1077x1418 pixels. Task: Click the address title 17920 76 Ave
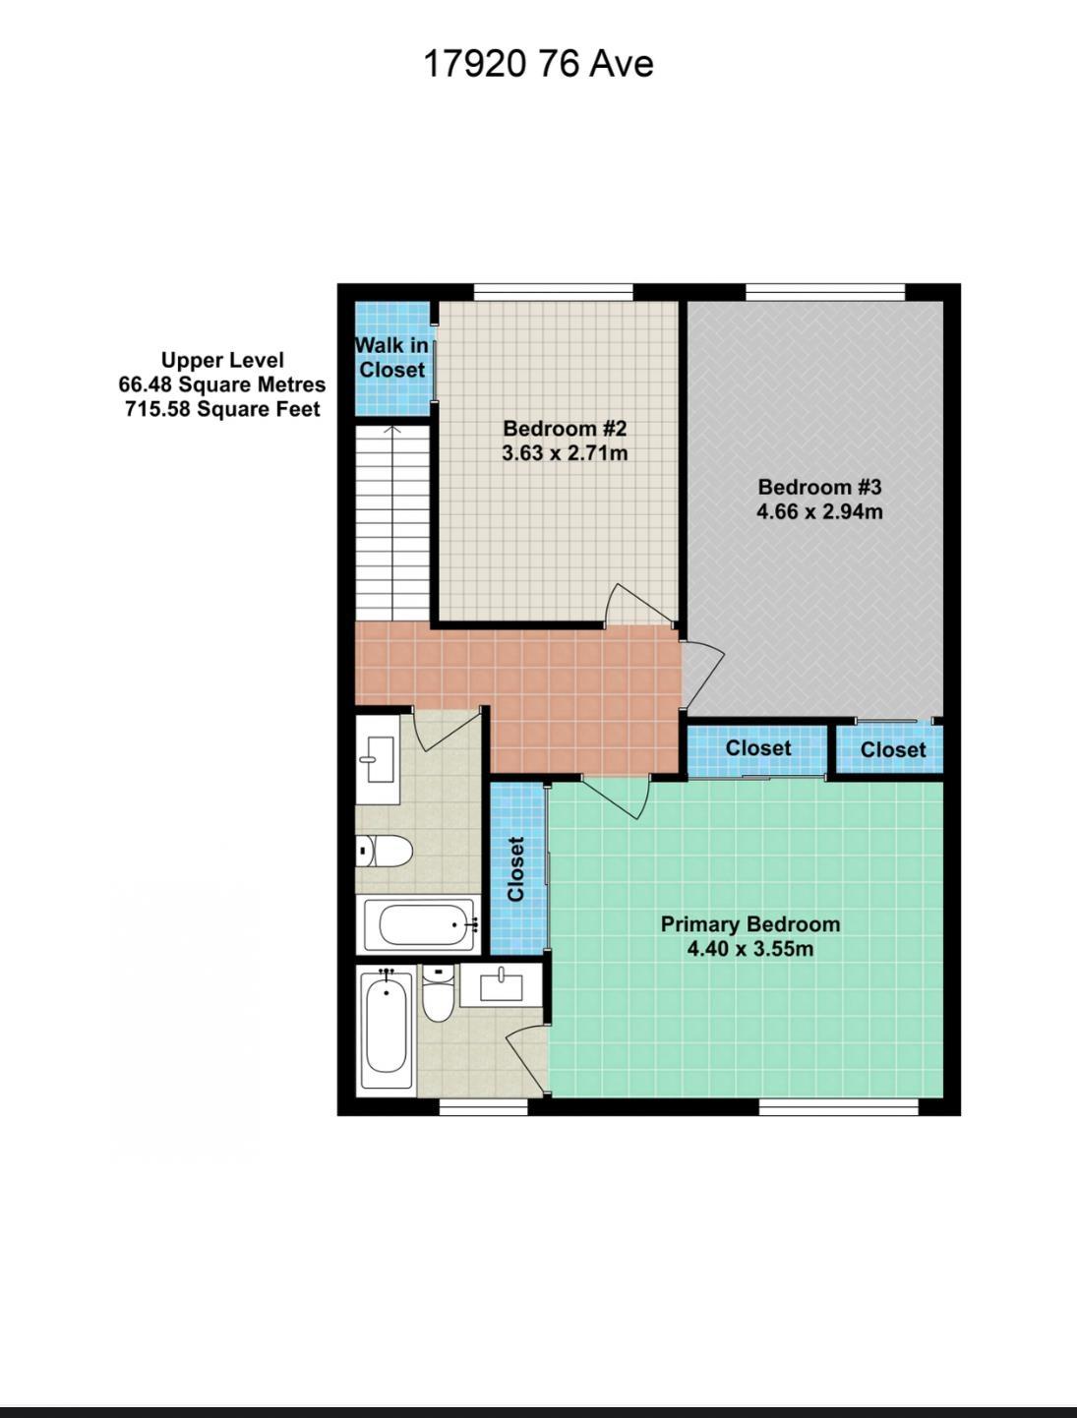point(538,64)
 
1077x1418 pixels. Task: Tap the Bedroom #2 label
point(565,429)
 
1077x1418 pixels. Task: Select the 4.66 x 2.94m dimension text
point(819,511)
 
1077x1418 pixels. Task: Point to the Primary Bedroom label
point(750,924)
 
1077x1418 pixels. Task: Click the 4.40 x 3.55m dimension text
point(750,949)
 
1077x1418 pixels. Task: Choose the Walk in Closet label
point(391,357)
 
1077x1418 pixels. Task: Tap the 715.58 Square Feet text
point(222,409)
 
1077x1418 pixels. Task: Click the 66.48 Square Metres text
point(222,384)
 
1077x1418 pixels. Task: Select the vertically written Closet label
point(515,869)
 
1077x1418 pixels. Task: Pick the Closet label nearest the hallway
point(758,748)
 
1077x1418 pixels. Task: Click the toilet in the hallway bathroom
point(385,851)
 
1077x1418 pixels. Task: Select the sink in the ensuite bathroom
point(501,987)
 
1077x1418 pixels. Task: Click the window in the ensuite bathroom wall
point(484,1106)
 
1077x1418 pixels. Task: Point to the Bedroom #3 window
point(825,293)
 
